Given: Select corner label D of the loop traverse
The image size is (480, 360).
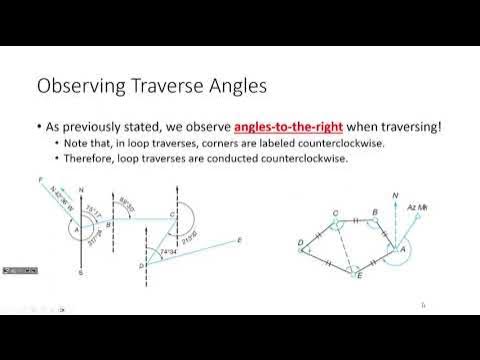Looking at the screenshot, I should click(x=300, y=243).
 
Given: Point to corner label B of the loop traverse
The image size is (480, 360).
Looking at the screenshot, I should click(x=373, y=212).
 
